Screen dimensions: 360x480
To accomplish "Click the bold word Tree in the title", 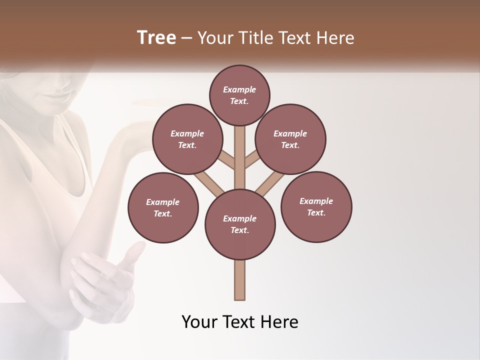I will coord(156,38).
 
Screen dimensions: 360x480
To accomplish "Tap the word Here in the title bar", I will coord(337,38).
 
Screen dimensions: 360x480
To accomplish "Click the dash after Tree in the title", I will coord(186,38).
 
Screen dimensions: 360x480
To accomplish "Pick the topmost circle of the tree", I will coord(239,95).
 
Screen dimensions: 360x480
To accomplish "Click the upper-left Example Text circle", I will coord(187,139).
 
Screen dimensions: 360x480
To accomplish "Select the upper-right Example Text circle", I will coord(290,139).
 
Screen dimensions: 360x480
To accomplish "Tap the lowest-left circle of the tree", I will coord(163,207).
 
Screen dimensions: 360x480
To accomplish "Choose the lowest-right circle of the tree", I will coord(316,206).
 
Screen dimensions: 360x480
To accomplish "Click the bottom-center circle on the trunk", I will coord(240,224).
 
